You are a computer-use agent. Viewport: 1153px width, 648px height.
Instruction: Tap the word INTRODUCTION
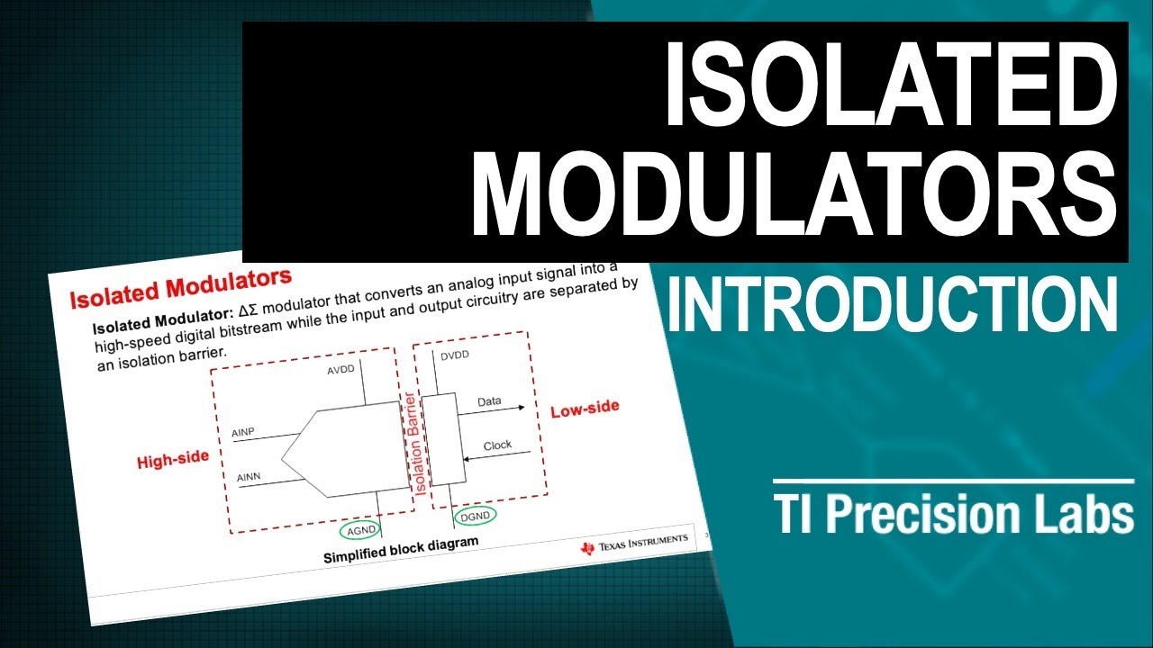891,303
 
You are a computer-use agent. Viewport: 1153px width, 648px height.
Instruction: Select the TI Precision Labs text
954,516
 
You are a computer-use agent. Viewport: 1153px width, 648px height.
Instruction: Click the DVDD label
455,356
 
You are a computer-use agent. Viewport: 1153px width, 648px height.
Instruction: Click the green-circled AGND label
362,529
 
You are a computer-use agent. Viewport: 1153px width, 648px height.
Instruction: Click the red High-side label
173,459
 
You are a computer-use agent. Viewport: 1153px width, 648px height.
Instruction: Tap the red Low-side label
585,408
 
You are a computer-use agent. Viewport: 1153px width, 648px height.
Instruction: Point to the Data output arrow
493,410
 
